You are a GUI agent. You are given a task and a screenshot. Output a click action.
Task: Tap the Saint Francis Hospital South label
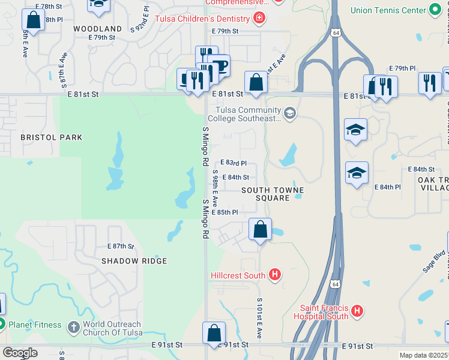pos(321,312)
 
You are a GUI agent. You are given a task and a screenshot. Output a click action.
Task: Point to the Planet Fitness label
pos(35,325)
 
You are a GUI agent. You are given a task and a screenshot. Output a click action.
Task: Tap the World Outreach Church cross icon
pos(73,327)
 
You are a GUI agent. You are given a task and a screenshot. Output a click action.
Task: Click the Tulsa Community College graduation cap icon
pos(290,113)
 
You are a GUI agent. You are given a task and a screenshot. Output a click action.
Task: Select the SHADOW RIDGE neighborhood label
pos(134,262)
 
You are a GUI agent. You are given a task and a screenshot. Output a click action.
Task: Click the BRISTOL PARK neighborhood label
pos(51,137)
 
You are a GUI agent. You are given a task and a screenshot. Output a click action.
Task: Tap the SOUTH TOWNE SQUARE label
pos(273,194)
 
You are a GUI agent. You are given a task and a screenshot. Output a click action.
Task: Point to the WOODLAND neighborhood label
pos(97,29)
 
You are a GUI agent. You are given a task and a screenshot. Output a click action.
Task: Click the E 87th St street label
pos(121,247)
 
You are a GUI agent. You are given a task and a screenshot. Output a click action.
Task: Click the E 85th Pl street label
pos(228,212)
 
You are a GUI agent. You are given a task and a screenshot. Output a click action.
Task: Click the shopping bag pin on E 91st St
pos(214,333)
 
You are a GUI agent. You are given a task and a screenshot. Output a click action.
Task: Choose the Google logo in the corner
pos(20,353)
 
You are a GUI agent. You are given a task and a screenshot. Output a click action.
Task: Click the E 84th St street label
pos(235,178)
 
